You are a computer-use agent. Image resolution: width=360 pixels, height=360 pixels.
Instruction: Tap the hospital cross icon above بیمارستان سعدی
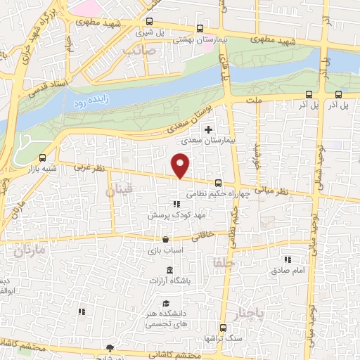(x=208, y=129)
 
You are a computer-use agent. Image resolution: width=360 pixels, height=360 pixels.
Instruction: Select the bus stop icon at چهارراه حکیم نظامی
(x=218, y=183)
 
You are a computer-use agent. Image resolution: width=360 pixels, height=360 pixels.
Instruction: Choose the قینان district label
(x=119, y=191)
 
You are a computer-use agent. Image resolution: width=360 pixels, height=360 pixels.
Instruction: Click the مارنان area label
(x=29, y=250)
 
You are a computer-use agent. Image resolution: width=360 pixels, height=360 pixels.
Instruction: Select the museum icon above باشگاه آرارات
(x=169, y=271)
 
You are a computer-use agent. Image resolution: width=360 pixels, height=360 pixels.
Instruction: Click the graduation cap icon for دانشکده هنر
(x=166, y=303)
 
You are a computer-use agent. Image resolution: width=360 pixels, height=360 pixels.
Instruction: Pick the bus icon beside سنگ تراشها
(x=224, y=327)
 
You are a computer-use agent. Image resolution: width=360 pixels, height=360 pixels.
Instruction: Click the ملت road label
(x=255, y=101)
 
